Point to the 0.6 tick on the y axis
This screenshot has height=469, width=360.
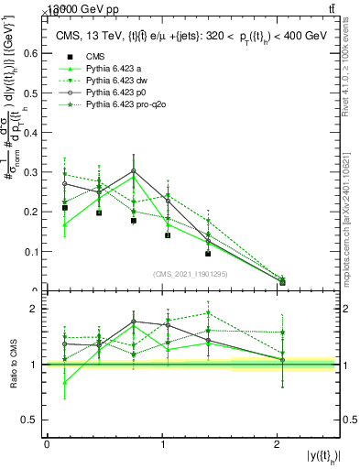31,54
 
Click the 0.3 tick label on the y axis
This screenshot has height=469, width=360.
31,172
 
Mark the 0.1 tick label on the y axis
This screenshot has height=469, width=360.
31,251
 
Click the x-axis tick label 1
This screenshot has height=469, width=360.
163,444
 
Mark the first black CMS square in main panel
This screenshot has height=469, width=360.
64,208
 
